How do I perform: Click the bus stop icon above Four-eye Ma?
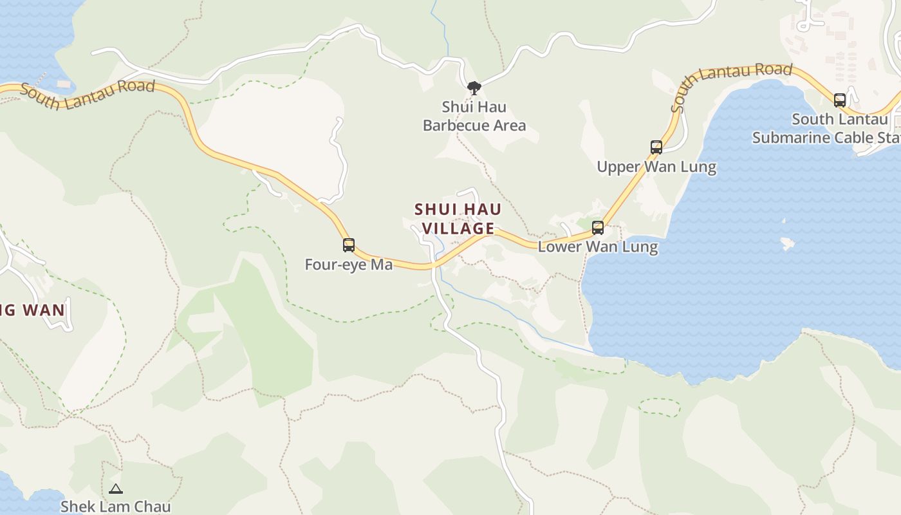tap(349, 245)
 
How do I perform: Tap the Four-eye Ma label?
tap(348, 265)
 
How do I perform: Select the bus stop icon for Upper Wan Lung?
tap(656, 147)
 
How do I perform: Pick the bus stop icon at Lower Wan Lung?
tap(598, 227)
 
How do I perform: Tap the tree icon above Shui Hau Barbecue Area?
tap(474, 88)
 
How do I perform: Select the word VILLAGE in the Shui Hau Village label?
tap(458, 229)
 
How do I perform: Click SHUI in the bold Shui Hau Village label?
tap(431, 210)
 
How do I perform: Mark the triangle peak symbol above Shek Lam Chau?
tap(116, 489)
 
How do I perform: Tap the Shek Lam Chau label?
tap(116, 507)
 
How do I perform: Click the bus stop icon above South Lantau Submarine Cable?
tap(840, 100)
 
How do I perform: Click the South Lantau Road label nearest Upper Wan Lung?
tap(730, 80)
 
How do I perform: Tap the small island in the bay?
tap(787, 244)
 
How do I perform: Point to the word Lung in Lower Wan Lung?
tap(640, 247)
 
